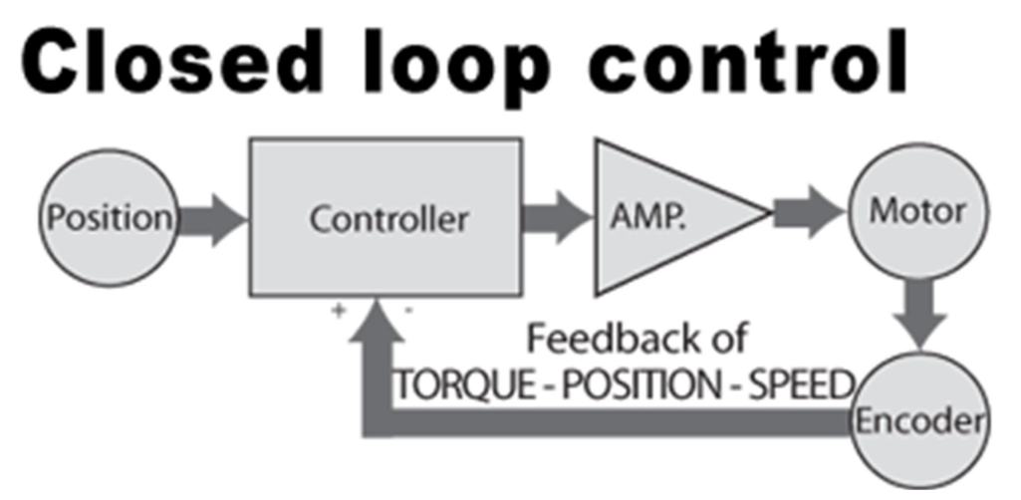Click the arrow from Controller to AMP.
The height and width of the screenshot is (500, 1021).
[556, 216]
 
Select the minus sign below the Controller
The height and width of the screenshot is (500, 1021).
[408, 311]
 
